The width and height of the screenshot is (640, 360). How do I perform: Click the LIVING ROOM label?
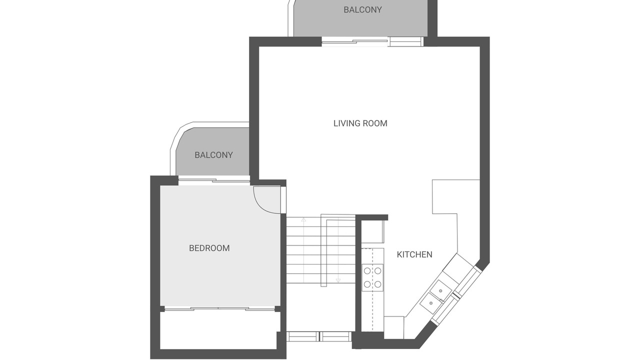click(360, 123)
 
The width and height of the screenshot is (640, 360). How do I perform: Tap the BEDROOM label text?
click(209, 248)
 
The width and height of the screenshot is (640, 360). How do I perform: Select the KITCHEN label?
click(414, 254)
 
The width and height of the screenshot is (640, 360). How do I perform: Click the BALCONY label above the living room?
click(362, 10)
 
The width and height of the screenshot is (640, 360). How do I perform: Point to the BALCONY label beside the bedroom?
click(213, 155)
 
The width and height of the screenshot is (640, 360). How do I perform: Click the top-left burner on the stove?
click(367, 270)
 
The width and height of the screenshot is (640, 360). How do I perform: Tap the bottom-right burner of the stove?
click(377, 284)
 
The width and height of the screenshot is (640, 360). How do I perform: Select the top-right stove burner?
click(377, 270)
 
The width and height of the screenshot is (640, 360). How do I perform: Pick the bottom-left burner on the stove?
click(367, 284)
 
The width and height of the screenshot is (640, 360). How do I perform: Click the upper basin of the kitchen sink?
click(441, 290)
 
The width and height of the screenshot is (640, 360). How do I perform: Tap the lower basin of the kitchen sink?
click(431, 303)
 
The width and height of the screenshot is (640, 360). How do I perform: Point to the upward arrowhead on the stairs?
click(303, 219)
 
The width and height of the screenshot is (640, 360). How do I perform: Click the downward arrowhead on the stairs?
click(338, 281)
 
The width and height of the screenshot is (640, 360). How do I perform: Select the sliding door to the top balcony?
click(372, 41)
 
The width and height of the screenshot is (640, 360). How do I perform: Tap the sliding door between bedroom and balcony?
click(214, 181)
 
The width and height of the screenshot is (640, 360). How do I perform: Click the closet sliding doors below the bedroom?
click(219, 309)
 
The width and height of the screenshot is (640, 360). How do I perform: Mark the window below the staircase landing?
click(319, 336)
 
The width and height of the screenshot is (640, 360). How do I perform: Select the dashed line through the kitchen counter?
click(372, 289)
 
